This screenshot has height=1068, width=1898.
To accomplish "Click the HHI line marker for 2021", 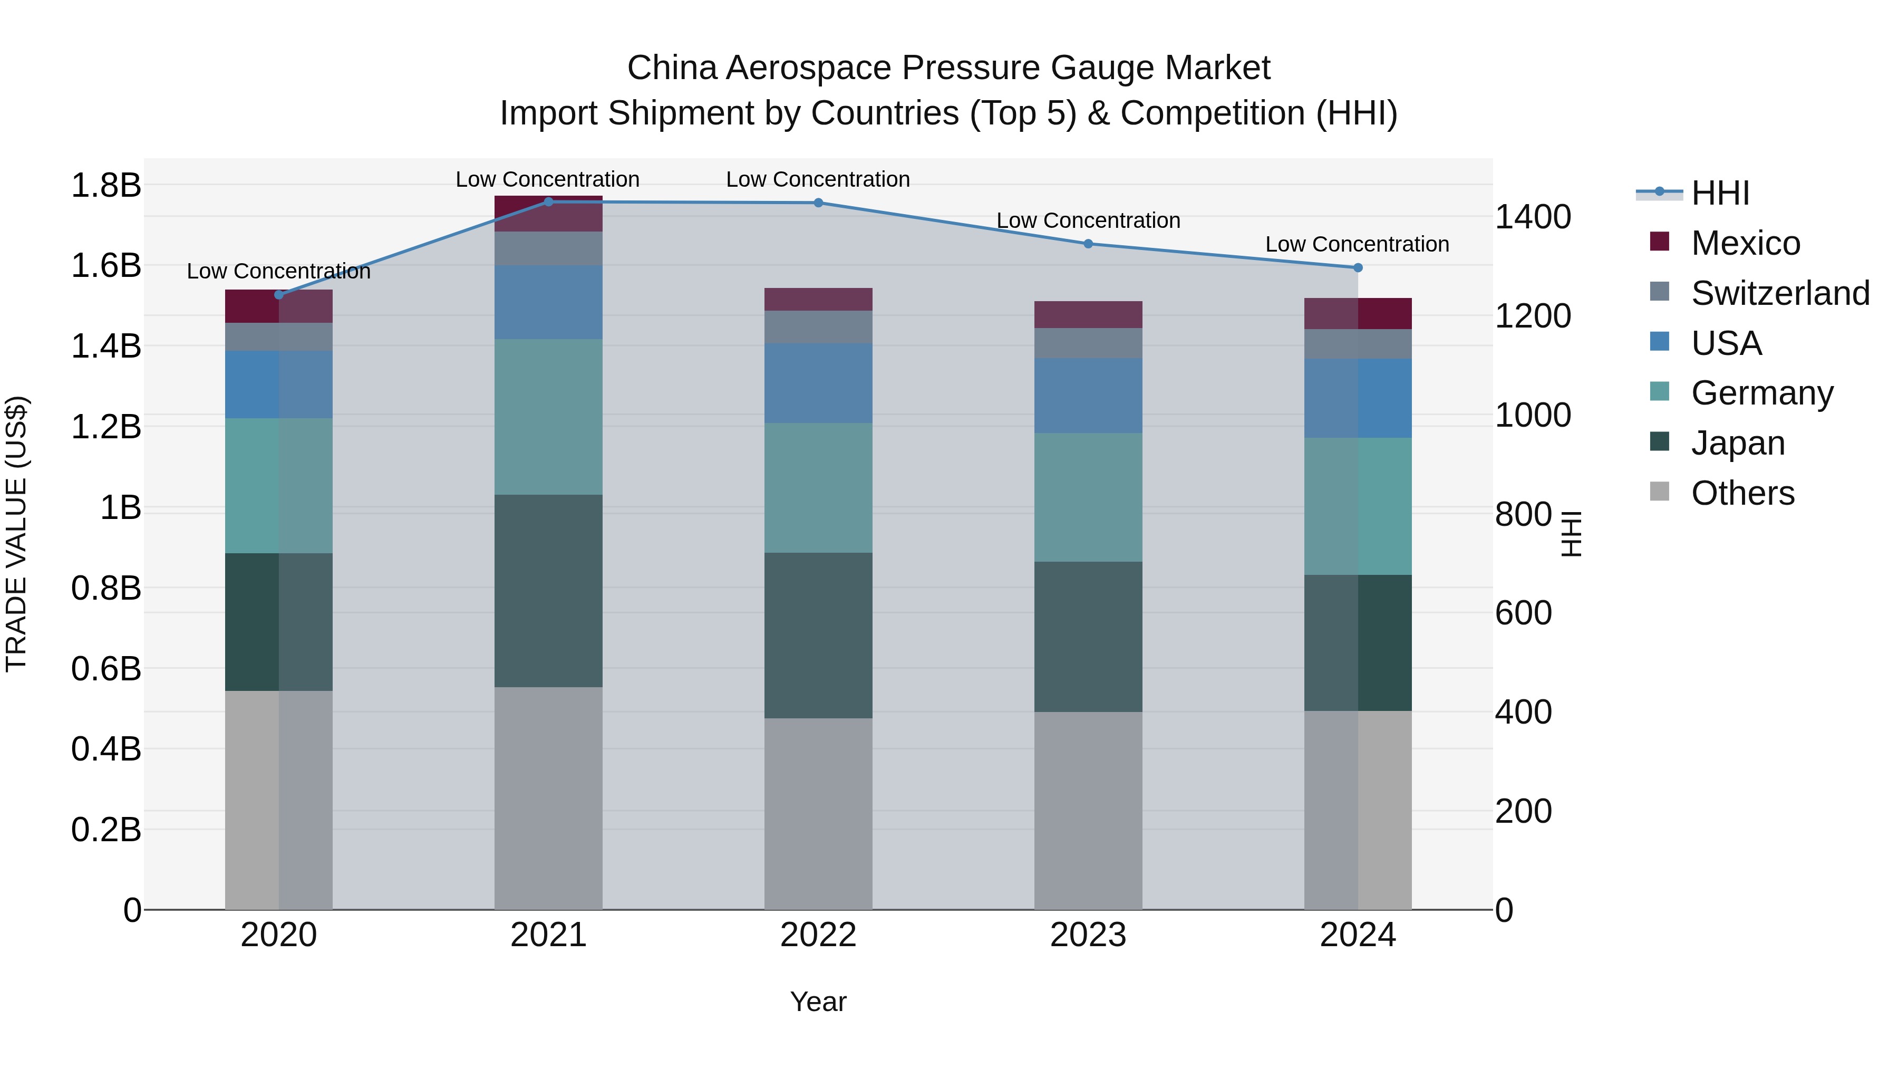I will pyautogui.click(x=548, y=201).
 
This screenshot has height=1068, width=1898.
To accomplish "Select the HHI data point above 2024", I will pyautogui.click(x=1358, y=267).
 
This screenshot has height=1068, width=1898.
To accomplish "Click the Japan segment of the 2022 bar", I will pyautogui.click(x=818, y=636).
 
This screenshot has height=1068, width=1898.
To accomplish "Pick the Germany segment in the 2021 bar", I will pyautogui.click(x=548, y=417).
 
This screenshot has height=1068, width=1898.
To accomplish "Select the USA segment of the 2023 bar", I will pyautogui.click(x=1088, y=396).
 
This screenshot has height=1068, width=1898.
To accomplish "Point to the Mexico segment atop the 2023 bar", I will pyautogui.click(x=1088, y=315).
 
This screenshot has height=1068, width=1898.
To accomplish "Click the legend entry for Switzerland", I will pyautogui.click(x=1779, y=293).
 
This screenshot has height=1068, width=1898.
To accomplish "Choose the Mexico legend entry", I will pyautogui.click(x=1745, y=243).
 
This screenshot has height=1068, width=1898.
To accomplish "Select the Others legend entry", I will pyautogui.click(x=1742, y=493).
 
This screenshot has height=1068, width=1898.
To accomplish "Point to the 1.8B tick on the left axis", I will pyautogui.click(x=105, y=185).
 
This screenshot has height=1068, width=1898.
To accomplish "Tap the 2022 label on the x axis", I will pyautogui.click(x=818, y=935).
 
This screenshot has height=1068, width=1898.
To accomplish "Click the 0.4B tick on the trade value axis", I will pyautogui.click(x=105, y=749).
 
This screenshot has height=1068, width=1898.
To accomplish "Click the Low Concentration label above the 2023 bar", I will pyautogui.click(x=1088, y=220).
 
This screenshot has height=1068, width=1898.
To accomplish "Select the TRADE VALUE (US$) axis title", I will pyautogui.click(x=17, y=534).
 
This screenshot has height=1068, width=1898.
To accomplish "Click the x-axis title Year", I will pyautogui.click(x=818, y=1002).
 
